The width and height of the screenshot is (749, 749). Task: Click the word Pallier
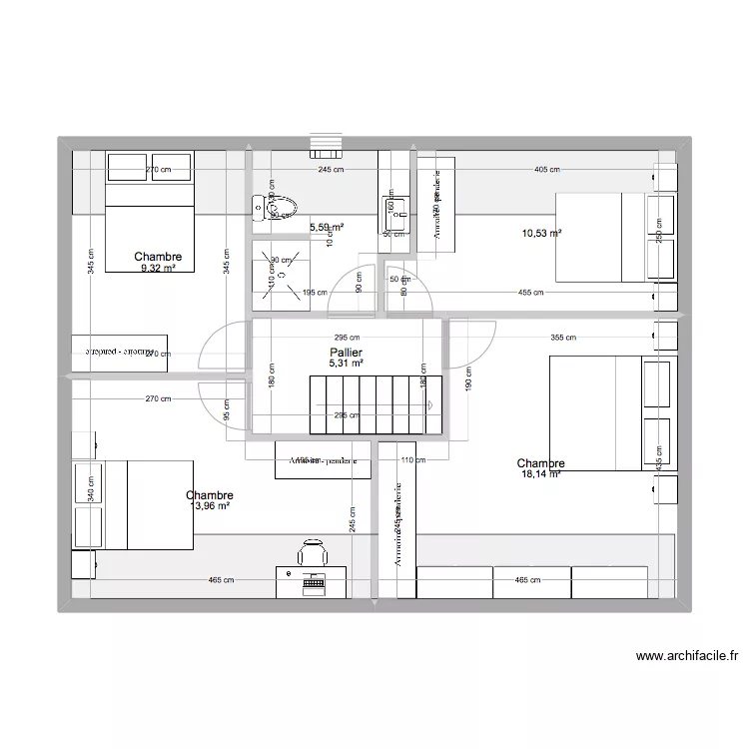(x=347, y=354)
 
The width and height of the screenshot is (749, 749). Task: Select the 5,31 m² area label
(x=347, y=365)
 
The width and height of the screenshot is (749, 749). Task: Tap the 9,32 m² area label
(x=160, y=269)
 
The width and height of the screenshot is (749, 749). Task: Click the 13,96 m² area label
(x=210, y=506)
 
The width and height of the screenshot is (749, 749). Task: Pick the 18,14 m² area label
(x=540, y=474)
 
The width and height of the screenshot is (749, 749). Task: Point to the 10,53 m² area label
(x=541, y=234)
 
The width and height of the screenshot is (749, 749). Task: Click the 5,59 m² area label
(x=326, y=228)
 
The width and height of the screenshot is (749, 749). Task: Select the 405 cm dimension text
(x=547, y=170)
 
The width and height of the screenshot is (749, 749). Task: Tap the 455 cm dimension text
(x=530, y=293)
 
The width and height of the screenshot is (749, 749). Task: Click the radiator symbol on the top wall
(x=327, y=146)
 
